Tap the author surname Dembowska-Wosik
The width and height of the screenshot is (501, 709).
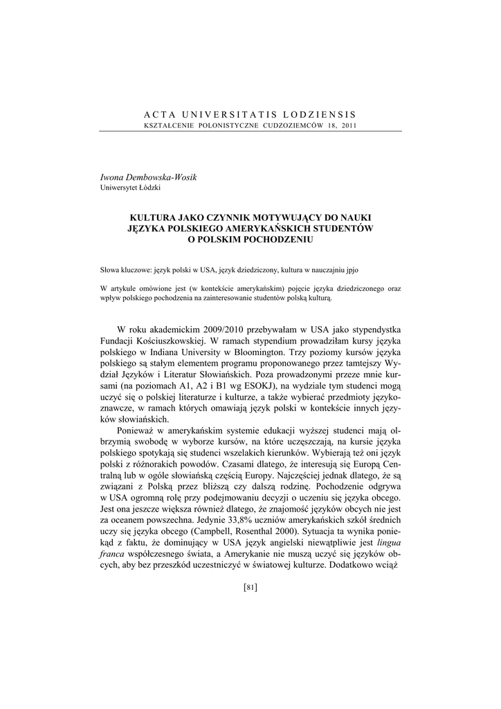[x=164, y=178]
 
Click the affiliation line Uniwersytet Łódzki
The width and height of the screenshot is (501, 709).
[x=131, y=188]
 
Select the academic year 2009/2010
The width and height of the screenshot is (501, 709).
[x=235, y=328]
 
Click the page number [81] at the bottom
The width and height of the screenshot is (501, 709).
[x=250, y=588]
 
